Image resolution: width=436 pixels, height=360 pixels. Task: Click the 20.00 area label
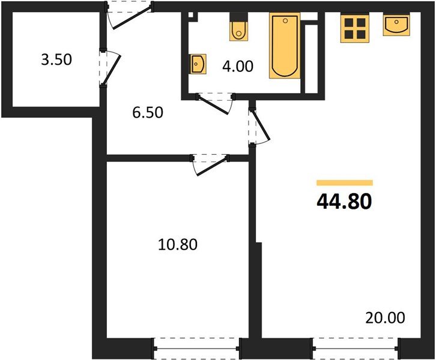tap(385, 317)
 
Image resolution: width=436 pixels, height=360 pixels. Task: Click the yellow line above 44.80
tap(344, 182)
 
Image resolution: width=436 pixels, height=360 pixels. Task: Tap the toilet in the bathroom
tap(239, 29)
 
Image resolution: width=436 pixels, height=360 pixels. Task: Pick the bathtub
tap(284, 46)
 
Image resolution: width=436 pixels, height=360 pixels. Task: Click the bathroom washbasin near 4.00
tap(198, 63)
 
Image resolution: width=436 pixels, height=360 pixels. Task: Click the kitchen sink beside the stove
tap(397, 25)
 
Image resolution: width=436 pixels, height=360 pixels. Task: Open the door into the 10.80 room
tap(210, 166)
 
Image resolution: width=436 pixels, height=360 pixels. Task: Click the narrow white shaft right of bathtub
tap(310, 58)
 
